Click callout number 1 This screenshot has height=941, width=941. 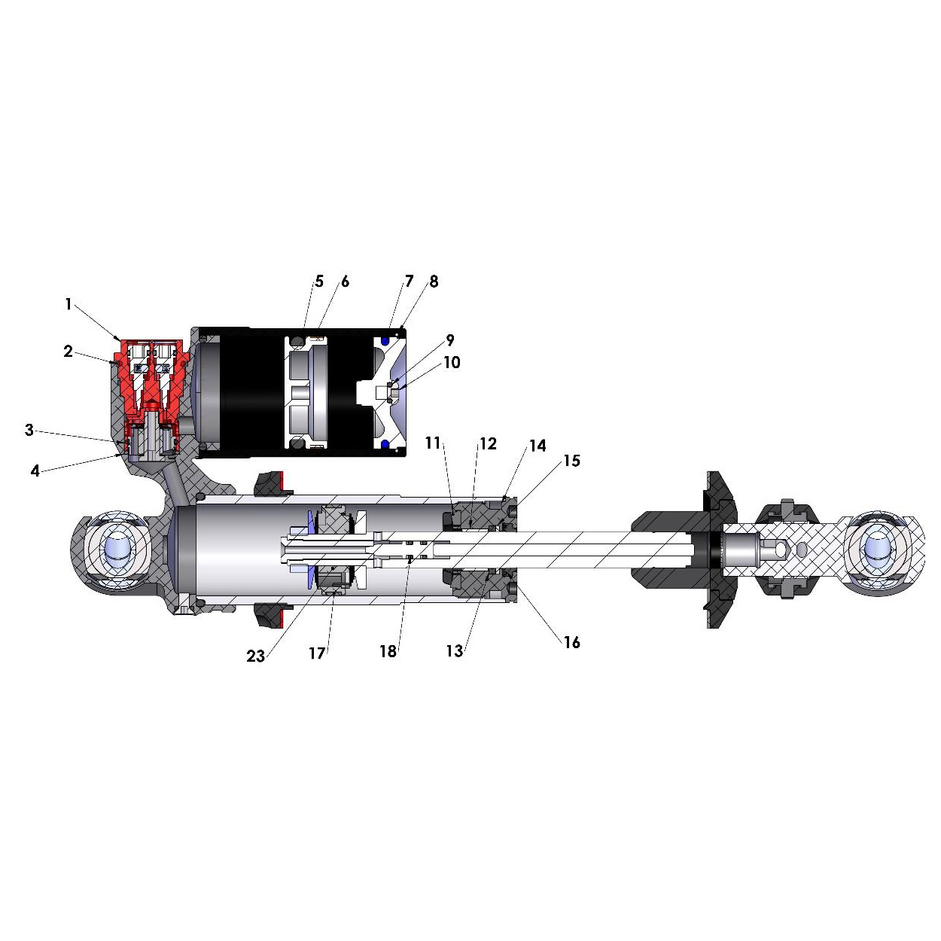point(69,305)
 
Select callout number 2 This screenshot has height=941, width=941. point(69,351)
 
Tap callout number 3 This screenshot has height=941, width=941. point(29,430)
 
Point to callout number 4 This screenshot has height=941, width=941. point(35,470)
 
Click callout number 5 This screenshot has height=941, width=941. point(319,282)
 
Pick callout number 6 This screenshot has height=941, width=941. point(346,282)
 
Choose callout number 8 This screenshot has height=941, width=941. point(434,282)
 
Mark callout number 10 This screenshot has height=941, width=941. point(452,362)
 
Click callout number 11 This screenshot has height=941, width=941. point(433,443)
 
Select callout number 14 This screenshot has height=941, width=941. point(537,446)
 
